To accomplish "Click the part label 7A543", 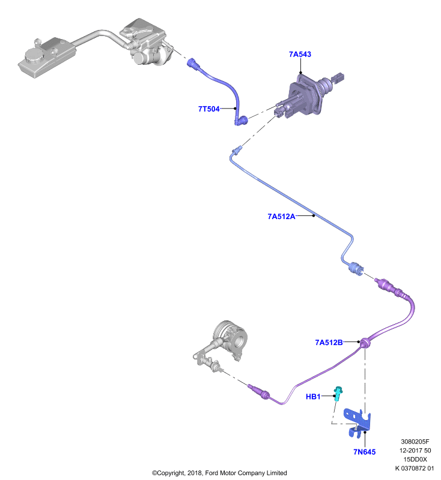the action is [300, 54].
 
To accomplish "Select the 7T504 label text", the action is [208, 109].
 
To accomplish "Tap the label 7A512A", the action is [281, 217].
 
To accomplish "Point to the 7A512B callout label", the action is [329, 342].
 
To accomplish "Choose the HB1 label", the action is [313, 397].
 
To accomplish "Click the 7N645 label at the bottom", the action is [364, 452].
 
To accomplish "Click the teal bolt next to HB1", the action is [338, 394].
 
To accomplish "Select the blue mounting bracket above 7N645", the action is [357, 422].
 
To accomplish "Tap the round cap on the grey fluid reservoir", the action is [34, 56].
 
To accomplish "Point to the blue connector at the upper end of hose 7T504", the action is [193, 64].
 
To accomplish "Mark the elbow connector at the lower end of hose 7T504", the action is [242, 121].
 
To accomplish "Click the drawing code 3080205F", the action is [415, 442].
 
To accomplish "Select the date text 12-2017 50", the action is [415, 451].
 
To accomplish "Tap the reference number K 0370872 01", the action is [415, 468].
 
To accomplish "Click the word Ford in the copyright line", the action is [211, 473].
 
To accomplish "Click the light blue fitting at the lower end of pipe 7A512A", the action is [356, 268].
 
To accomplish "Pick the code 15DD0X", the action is [415, 459].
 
